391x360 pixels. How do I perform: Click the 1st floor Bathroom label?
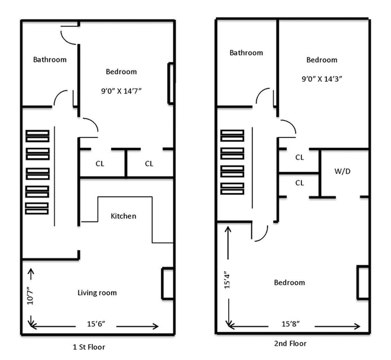point(50,60)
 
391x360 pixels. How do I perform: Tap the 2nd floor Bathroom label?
point(246,52)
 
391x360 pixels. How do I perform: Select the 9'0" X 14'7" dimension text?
point(121,91)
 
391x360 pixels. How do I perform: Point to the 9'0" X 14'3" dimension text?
point(322,79)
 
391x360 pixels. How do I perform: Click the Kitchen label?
point(123,216)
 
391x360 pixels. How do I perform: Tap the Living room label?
point(97,293)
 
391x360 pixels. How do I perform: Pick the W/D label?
point(343,171)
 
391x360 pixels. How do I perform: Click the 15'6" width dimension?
point(96,324)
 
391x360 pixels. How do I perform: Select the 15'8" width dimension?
point(291,324)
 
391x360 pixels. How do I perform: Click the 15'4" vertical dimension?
point(227,280)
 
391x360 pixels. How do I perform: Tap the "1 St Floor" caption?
point(89,347)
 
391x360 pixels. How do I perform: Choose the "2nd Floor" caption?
point(290,344)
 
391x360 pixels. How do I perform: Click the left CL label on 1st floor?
point(100,164)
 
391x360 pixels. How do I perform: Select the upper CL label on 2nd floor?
point(300,158)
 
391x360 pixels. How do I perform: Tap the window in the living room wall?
point(167,283)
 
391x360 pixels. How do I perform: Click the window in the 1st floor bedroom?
point(171,83)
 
